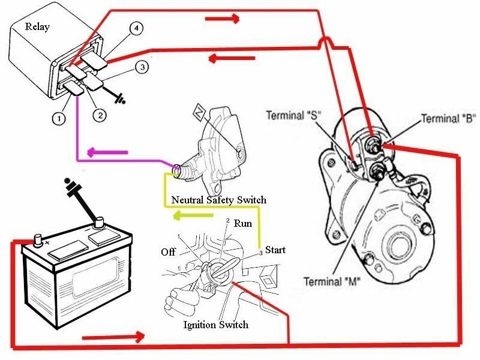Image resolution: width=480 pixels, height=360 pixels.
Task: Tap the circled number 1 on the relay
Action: click(x=58, y=119)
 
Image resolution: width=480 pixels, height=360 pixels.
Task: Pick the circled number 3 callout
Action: click(x=142, y=68)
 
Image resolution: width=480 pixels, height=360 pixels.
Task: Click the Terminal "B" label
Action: click(x=448, y=118)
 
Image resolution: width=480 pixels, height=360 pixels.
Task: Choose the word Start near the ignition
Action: click(x=275, y=249)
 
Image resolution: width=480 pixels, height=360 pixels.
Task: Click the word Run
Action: click(x=243, y=224)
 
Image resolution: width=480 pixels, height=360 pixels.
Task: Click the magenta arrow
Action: click(x=107, y=151)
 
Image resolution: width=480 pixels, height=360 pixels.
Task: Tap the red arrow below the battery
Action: click(x=113, y=338)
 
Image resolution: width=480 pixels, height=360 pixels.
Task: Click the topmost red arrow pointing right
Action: click(x=223, y=19)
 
